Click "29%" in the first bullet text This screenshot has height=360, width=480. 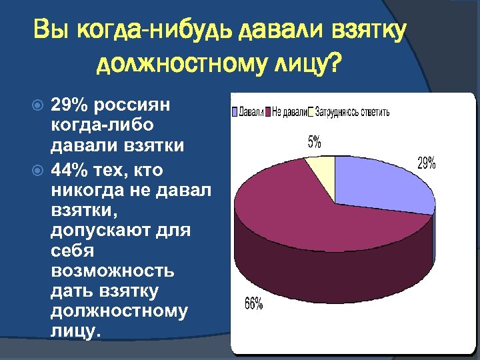[70, 105]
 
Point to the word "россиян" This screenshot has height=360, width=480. [133, 105]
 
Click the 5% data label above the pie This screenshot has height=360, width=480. [314, 142]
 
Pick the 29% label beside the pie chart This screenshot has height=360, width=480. [427, 163]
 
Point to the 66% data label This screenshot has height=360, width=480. [254, 304]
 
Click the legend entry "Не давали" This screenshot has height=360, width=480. [287, 112]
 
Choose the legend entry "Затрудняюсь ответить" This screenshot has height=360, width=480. [350, 112]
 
